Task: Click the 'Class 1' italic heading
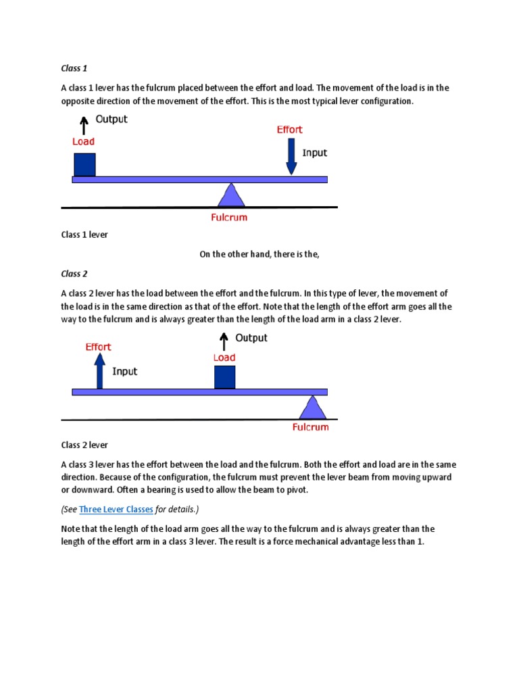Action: coord(74,68)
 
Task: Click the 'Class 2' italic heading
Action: coord(74,274)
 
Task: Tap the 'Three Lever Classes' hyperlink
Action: coord(116,509)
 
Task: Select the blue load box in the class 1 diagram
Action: coord(84,164)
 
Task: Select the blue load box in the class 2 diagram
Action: coord(224,377)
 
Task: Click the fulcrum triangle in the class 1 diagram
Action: coord(232,195)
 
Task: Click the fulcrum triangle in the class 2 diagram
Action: coord(312,407)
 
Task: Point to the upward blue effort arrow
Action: coord(99,371)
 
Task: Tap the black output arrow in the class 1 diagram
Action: coord(84,124)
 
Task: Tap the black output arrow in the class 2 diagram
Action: coord(224,339)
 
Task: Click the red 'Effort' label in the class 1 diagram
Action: coord(289,130)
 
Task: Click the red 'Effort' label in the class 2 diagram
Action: coord(98,347)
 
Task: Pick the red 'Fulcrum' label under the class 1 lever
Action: coord(228,218)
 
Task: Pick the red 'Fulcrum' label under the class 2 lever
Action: coord(310,427)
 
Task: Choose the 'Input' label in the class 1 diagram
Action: coord(314,153)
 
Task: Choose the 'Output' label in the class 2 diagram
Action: coord(251,338)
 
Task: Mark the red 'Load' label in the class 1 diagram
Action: coord(83,141)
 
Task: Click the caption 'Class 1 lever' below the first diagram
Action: coord(84,234)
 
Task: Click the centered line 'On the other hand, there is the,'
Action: coord(258,254)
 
